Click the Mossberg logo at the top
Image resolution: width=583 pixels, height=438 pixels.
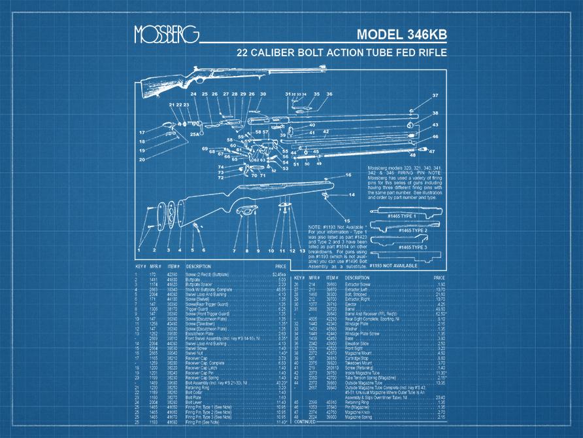165,35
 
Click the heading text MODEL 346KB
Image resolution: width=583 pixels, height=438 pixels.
402,35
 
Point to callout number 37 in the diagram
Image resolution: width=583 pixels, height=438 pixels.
435,96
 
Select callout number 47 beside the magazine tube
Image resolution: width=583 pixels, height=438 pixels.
431,151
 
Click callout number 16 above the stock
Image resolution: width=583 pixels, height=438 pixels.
348,175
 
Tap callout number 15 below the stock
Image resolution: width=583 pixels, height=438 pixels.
347,221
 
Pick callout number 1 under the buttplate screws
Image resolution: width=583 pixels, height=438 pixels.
140,250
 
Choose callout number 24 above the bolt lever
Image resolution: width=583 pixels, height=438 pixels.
193,94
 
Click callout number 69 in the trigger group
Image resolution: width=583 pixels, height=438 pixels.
205,149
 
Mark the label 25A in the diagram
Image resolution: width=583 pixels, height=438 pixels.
194,134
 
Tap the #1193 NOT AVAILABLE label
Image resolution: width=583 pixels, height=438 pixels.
394,266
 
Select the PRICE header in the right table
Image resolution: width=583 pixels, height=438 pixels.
437,278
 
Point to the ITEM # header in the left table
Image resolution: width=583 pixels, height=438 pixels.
173,267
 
